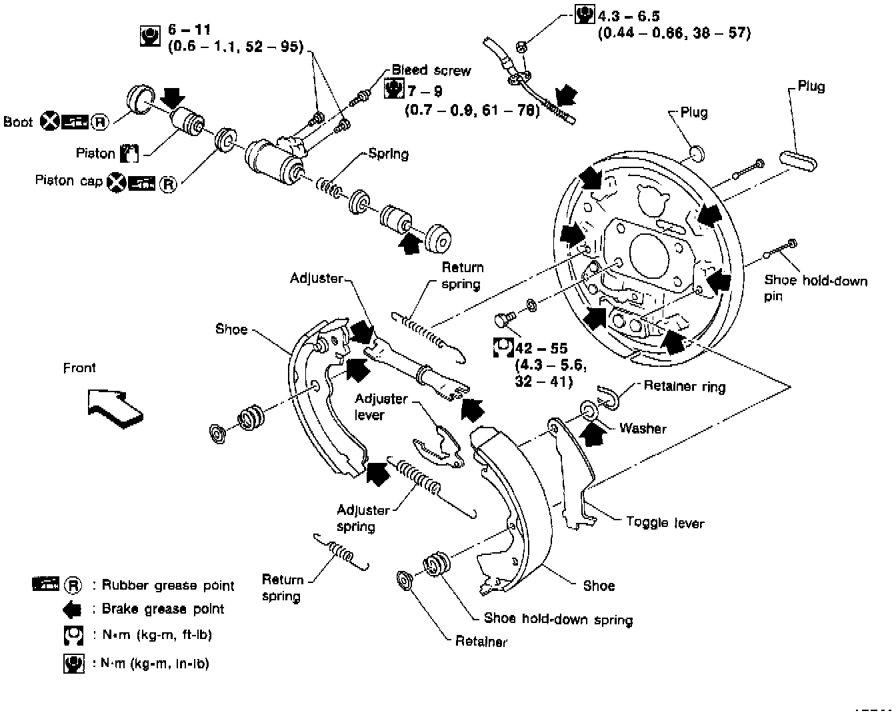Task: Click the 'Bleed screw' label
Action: click(431, 70)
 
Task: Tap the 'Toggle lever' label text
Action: click(665, 522)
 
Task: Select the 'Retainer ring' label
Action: click(685, 386)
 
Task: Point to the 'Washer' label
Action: click(643, 428)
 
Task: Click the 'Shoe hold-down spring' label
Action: click(559, 619)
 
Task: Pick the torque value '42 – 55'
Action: click(541, 348)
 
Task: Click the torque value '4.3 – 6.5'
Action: click(629, 16)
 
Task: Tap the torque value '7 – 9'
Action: click(425, 91)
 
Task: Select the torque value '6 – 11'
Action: click(189, 29)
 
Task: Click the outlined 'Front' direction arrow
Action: click(115, 408)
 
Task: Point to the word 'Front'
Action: click(79, 368)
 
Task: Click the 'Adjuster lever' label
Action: click(381, 406)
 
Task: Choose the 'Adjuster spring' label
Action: click(363, 518)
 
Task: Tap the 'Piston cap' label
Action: click(69, 180)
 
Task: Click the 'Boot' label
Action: click(18, 121)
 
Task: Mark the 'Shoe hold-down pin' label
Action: click(815, 288)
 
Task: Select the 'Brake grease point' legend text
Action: click(163, 609)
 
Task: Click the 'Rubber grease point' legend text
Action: click(168, 585)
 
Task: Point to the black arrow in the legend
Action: click(73, 609)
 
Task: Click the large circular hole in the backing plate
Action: click(649, 256)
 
